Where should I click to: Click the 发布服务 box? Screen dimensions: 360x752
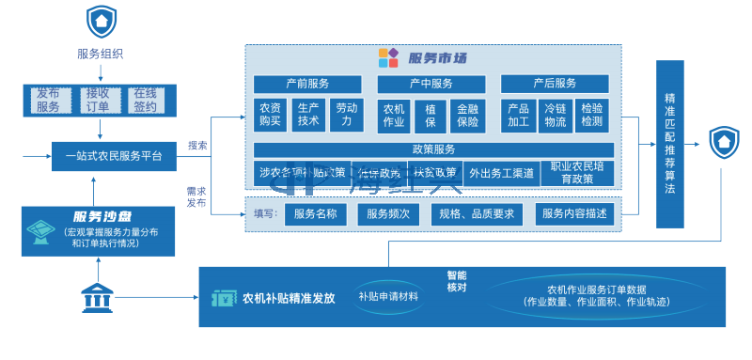[47, 100]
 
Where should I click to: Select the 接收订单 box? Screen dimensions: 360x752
[97, 100]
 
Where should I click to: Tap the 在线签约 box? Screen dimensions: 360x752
[145, 100]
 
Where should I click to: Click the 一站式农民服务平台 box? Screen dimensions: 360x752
[113, 156]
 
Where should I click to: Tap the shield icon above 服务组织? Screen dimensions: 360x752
[100, 21]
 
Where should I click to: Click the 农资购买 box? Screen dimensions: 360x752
[270, 115]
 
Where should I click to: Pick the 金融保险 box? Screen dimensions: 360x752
[465, 115]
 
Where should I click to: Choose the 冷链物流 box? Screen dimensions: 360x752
[555, 115]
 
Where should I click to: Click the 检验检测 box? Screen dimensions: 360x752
[591, 115]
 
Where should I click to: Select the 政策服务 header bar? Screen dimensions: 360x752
[433, 149]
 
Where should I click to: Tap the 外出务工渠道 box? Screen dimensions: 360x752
[501, 173]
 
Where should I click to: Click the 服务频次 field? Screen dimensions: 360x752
[388, 214]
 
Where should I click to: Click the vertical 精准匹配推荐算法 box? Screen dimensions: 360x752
[669, 143]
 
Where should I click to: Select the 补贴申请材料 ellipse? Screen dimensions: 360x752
[388, 296]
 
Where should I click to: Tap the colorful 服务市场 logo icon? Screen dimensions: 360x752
[388, 57]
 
